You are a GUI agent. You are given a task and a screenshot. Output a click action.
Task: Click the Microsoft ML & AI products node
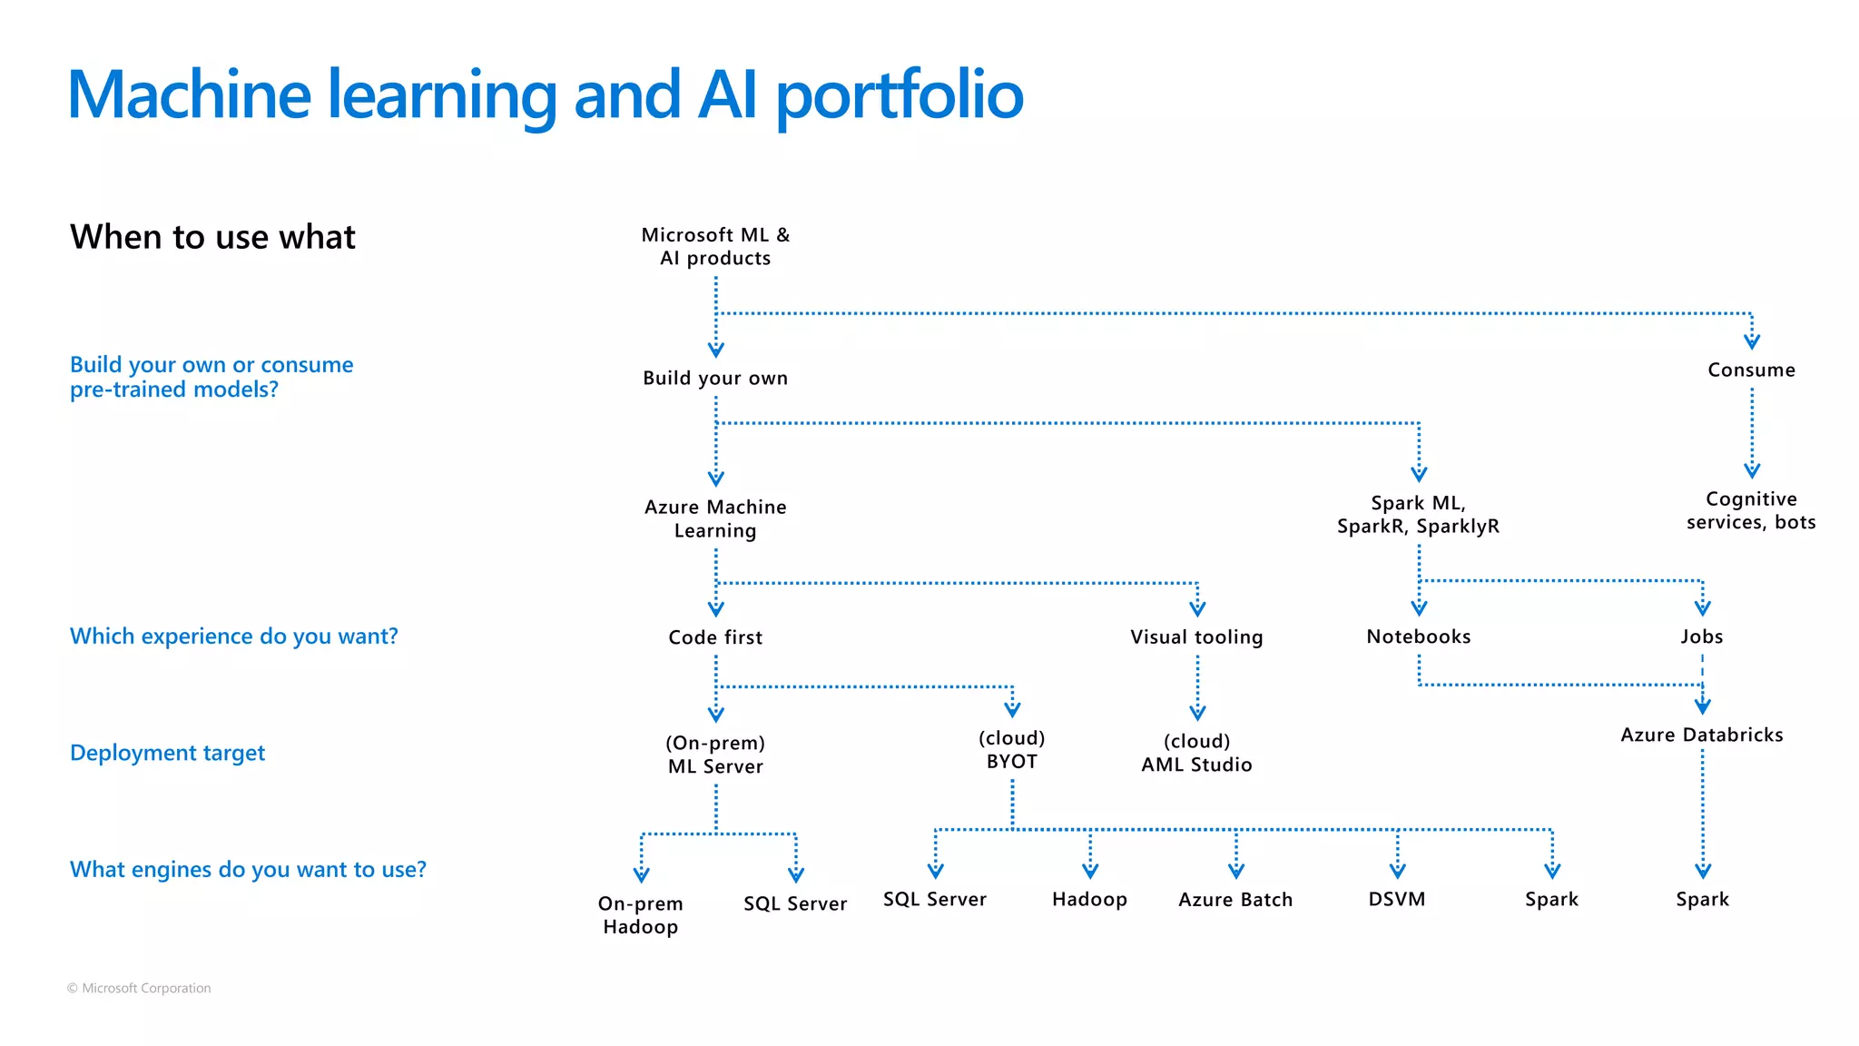tap(715, 246)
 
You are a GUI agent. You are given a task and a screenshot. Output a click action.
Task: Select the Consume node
tap(1751, 370)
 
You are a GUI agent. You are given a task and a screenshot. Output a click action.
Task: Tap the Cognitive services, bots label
tap(1751, 510)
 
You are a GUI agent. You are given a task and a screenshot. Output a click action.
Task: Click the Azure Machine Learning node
tap(715, 518)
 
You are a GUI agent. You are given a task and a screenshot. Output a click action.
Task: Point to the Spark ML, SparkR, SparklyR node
tap(1418, 514)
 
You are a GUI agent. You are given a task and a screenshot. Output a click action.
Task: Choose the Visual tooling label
tap(1196, 636)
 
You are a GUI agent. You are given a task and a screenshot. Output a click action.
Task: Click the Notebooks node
tap(1418, 636)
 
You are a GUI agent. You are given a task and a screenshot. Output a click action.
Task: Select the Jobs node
tap(1701, 636)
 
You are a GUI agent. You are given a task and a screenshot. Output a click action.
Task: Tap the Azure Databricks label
tap(1701, 735)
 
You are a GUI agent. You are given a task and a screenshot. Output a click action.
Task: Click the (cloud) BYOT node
tap(1011, 750)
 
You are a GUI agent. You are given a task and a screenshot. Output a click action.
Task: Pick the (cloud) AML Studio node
tap(1196, 753)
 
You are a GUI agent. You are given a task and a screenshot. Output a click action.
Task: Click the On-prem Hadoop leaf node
tap(640, 914)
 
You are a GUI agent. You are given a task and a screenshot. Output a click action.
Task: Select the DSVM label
tap(1396, 899)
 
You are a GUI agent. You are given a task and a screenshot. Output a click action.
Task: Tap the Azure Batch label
tap(1234, 899)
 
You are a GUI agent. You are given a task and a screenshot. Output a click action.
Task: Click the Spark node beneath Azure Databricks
tap(1702, 899)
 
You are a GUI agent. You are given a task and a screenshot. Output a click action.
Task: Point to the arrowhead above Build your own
tap(715, 349)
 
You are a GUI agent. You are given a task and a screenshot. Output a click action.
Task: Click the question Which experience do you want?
tap(233, 636)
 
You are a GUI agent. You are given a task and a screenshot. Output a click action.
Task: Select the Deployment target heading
tap(167, 753)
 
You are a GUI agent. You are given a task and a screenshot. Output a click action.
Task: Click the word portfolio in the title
tap(899, 95)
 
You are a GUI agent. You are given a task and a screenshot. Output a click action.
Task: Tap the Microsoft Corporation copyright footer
tap(139, 988)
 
